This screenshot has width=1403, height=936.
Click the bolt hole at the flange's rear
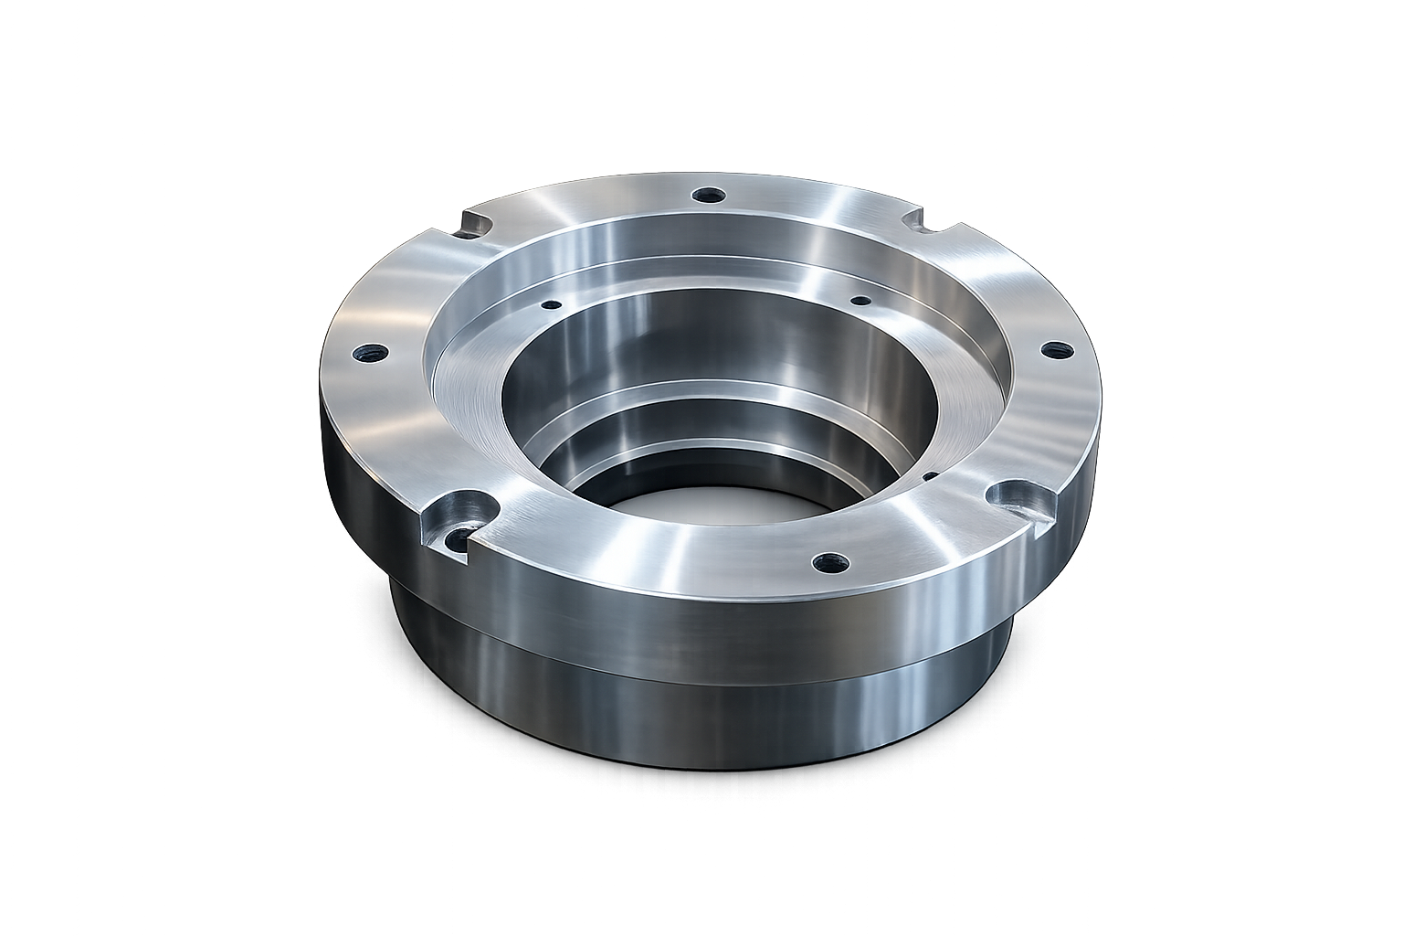(x=706, y=195)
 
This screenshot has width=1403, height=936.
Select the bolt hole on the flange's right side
(x=1056, y=349)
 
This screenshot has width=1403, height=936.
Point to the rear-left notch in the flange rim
(x=477, y=223)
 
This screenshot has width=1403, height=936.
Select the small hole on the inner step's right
(x=859, y=300)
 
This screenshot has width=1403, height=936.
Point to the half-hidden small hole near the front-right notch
(x=930, y=475)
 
